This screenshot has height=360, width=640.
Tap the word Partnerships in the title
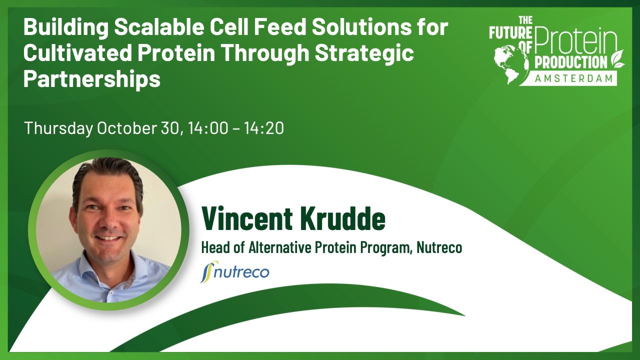(92, 79)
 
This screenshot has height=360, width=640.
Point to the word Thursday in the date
(58, 128)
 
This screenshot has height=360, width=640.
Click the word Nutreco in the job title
(439, 247)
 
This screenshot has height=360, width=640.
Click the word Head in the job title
(213, 247)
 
